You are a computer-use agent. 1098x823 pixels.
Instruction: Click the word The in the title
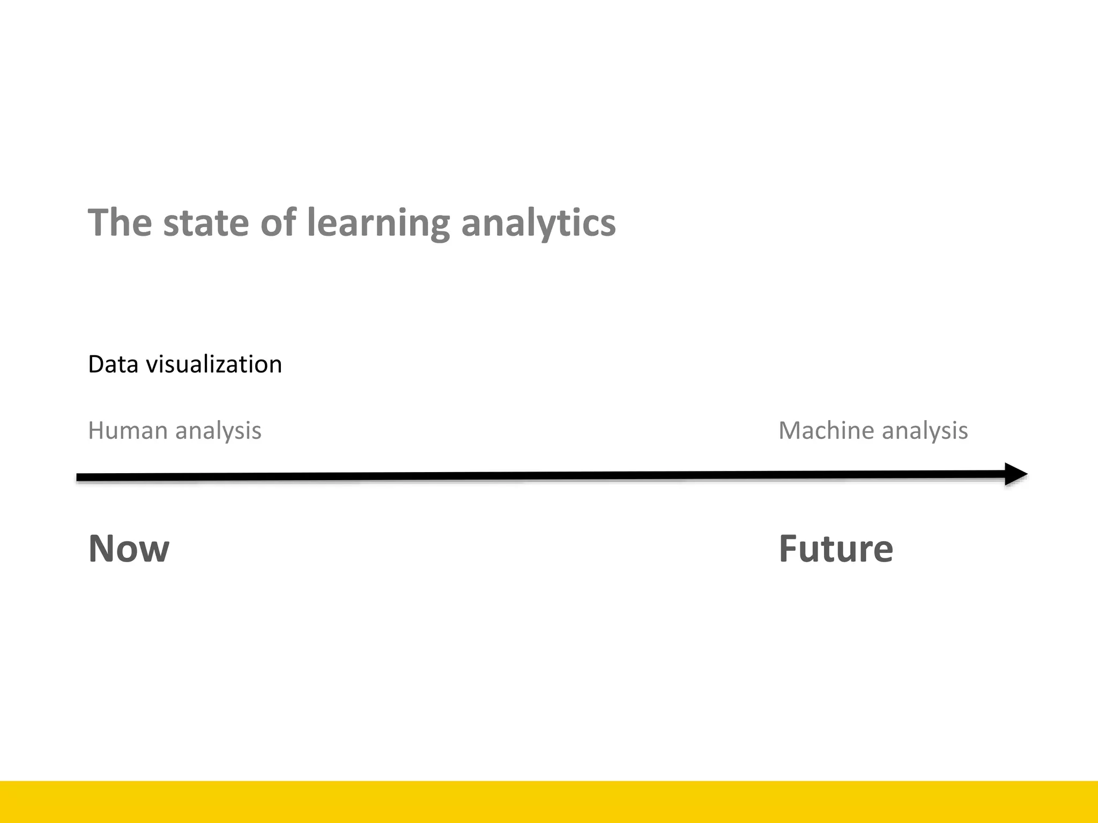coord(120,222)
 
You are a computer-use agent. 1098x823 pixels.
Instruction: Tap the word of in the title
coord(278,222)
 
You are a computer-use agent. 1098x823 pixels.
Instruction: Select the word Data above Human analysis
coord(113,364)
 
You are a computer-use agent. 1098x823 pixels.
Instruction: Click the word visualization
coord(214,364)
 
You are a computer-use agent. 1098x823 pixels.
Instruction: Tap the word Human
coord(128,430)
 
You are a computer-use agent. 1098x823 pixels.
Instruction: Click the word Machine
coord(826,430)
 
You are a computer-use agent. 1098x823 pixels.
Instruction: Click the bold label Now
coord(129,549)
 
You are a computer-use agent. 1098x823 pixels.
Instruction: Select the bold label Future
coord(836,549)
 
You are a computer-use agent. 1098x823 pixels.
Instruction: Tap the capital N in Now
coord(102,549)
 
